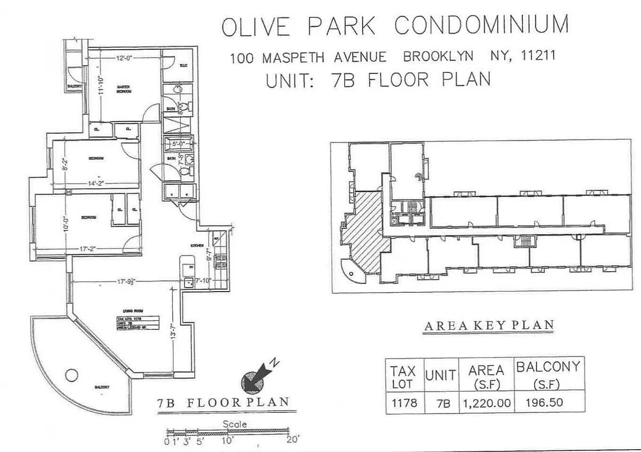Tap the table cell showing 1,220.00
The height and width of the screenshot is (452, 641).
pos(486,403)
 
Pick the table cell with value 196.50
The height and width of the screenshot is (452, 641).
pos(547,403)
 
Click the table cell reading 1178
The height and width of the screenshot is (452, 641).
pos(403,403)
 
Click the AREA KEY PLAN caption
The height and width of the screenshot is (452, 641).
pos(488,325)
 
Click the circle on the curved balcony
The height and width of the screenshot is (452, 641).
pos(71,375)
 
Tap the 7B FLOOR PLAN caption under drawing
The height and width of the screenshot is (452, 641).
pos(223,403)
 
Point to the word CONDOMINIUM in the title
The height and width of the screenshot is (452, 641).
pos(481,26)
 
